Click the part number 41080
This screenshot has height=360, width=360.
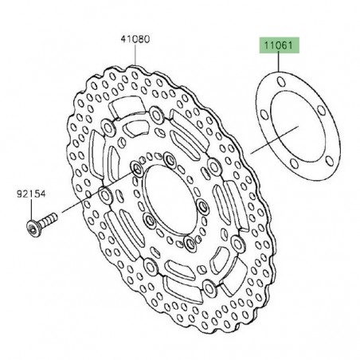[134, 38]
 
